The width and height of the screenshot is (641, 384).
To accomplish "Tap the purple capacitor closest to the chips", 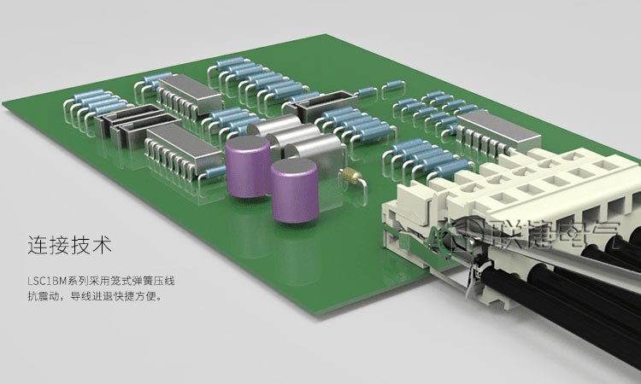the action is click(248, 166).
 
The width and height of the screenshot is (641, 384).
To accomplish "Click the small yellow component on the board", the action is click(351, 175).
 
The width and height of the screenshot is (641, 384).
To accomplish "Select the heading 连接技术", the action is click(69, 245).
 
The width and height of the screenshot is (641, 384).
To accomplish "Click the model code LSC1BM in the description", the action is click(47, 281).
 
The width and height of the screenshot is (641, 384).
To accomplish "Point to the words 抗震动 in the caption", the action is click(42, 296).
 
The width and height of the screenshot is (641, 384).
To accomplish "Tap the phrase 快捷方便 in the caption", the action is click(135, 296).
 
